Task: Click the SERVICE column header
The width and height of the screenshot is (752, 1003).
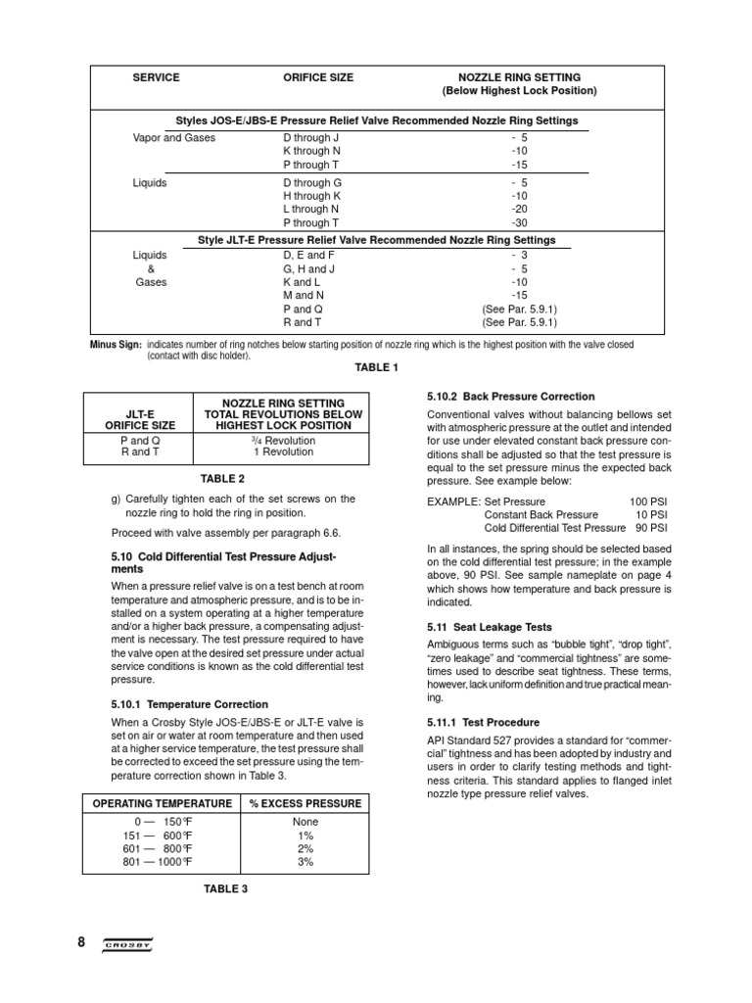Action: pos(157,77)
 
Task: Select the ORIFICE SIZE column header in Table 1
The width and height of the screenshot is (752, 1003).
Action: pos(318,77)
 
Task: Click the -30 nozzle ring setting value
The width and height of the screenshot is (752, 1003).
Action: pos(519,222)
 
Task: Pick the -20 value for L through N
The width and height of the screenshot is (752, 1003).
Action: pos(519,209)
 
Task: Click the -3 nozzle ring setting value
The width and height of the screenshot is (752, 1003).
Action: pos(519,256)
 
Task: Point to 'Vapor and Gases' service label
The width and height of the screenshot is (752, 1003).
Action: pos(174,138)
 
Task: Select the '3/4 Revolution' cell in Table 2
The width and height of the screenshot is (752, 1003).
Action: pos(284,441)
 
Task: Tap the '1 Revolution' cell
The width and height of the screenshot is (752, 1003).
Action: pos(284,454)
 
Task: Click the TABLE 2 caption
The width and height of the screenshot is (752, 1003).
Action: pos(223,479)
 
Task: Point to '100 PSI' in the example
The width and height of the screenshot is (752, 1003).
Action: pos(648,501)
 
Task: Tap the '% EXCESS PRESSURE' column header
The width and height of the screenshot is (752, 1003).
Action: pos(305,803)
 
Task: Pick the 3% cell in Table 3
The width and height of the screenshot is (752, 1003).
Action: pos(305,862)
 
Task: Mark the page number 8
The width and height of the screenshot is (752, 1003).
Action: pos(81,942)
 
